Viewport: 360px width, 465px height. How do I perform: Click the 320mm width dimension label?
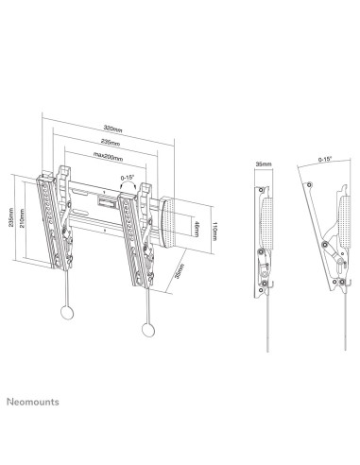click(x=113, y=129)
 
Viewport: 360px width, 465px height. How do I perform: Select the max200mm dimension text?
click(x=109, y=157)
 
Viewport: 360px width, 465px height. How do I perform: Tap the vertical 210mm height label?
click(x=22, y=219)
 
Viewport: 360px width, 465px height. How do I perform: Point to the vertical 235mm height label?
click(x=11, y=217)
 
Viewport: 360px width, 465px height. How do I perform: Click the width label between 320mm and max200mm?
click(x=111, y=142)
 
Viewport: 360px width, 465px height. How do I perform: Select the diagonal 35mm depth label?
click(x=179, y=271)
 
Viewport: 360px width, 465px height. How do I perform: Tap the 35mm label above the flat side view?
click(x=264, y=164)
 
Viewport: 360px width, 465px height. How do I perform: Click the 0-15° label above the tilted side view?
click(x=325, y=160)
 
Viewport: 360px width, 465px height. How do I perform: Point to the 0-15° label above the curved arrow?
click(x=128, y=178)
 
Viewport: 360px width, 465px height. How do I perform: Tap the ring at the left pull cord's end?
click(x=67, y=313)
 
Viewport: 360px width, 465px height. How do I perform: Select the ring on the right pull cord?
click(x=148, y=329)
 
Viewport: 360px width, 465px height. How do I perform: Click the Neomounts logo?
click(x=33, y=402)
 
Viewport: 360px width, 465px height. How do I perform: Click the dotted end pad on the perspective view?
click(x=168, y=222)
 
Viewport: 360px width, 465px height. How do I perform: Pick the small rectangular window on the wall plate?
click(x=107, y=201)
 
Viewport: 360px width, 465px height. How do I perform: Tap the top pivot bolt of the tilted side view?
click(x=310, y=184)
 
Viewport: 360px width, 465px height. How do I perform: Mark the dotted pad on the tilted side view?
click(x=344, y=221)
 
